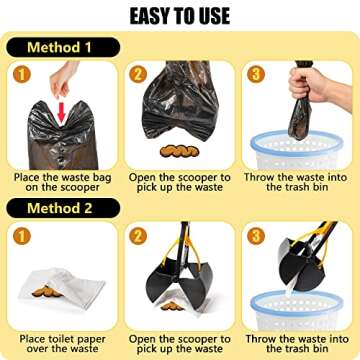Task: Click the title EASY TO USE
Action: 179,15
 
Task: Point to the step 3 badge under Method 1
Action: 256,74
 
